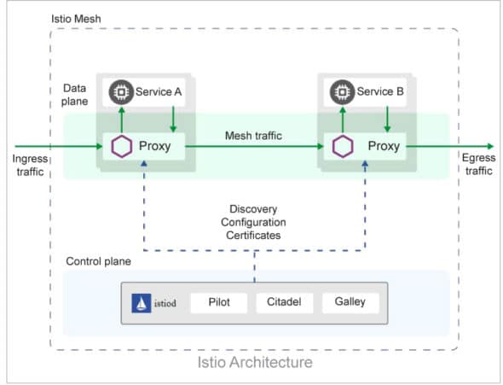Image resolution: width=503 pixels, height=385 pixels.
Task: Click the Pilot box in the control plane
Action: (x=218, y=302)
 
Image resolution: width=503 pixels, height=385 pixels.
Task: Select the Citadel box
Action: (x=284, y=302)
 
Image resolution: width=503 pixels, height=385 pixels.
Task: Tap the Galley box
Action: (x=350, y=302)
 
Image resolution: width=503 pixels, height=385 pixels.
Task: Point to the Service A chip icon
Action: (x=120, y=90)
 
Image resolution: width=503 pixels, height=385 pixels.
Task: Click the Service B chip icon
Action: (x=342, y=90)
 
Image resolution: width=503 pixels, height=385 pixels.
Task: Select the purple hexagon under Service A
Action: (x=121, y=146)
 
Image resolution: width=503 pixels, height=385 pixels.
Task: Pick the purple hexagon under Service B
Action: (x=343, y=146)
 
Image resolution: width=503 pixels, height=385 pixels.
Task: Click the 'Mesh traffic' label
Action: (x=254, y=136)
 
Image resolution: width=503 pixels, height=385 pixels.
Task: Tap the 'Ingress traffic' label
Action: (x=31, y=165)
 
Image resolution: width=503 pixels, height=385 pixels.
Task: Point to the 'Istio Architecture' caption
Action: (x=254, y=362)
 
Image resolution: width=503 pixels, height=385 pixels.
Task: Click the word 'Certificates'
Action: (x=253, y=236)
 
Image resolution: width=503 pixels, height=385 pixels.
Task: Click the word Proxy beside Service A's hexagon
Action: (x=154, y=146)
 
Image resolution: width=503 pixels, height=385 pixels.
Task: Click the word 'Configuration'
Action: (x=253, y=223)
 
